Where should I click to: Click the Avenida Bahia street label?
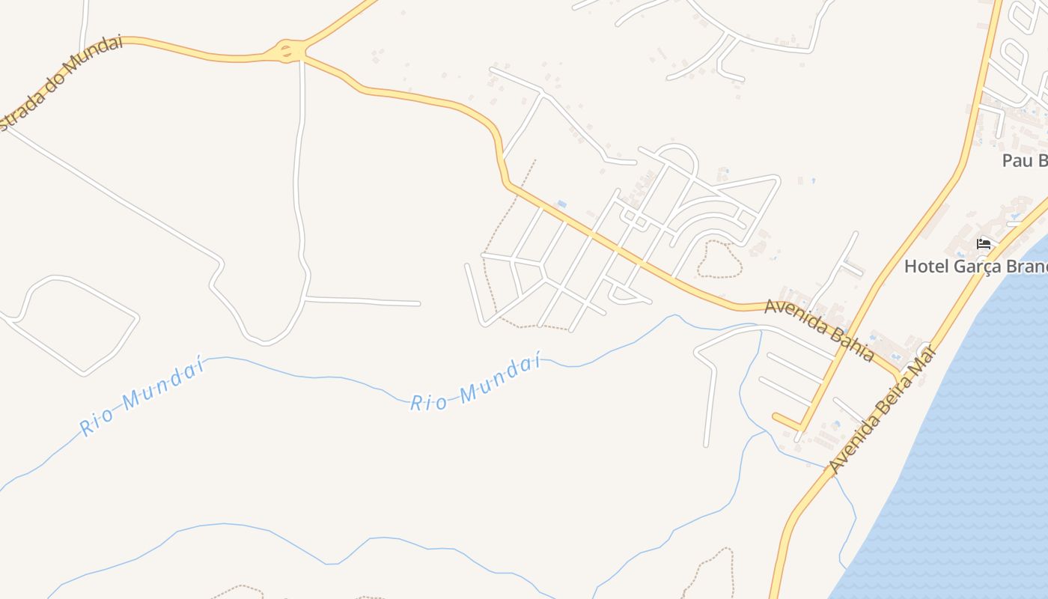(x=819, y=329)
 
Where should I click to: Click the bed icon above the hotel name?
(x=984, y=244)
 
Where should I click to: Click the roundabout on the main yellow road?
(x=287, y=52)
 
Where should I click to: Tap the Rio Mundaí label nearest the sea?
(x=475, y=383)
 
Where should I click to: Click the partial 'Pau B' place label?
(x=1024, y=160)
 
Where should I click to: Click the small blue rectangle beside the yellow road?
(x=561, y=204)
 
